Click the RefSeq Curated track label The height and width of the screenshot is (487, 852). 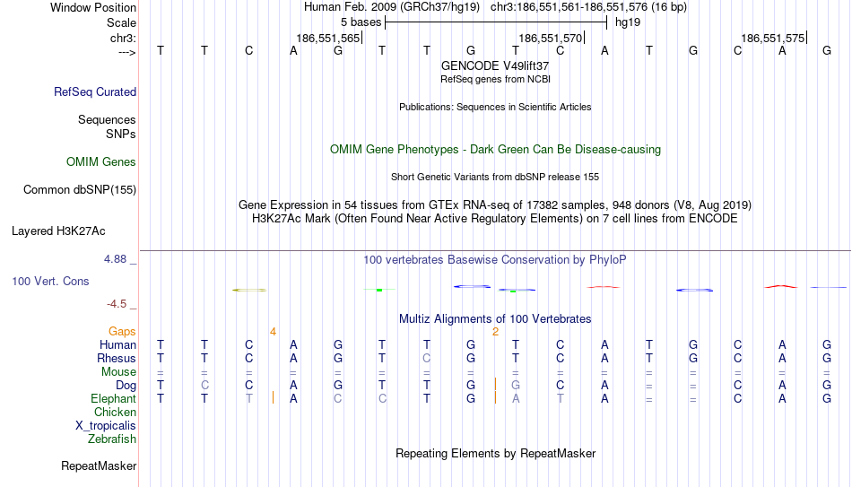95,91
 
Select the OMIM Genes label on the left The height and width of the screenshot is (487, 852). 101,162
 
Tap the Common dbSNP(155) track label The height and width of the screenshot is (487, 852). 80,190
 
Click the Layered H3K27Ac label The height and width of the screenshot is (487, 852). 58,231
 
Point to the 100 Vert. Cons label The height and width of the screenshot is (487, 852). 50,281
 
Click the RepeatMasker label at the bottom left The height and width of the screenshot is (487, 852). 99,465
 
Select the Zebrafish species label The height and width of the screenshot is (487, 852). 112,439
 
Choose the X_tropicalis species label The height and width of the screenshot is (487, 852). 106,426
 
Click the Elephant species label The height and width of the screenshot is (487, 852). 113,398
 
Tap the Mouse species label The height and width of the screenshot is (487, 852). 118,372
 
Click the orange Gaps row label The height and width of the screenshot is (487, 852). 122,332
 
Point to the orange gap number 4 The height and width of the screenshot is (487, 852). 273,332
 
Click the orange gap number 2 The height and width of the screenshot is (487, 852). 495,332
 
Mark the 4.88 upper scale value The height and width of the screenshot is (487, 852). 115,259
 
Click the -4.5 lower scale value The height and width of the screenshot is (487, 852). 117,304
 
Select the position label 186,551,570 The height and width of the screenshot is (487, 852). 551,38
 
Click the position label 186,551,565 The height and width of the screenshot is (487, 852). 328,38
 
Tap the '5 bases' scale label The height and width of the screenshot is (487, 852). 361,22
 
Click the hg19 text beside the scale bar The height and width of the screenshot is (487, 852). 628,22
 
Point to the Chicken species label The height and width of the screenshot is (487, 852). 115,412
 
